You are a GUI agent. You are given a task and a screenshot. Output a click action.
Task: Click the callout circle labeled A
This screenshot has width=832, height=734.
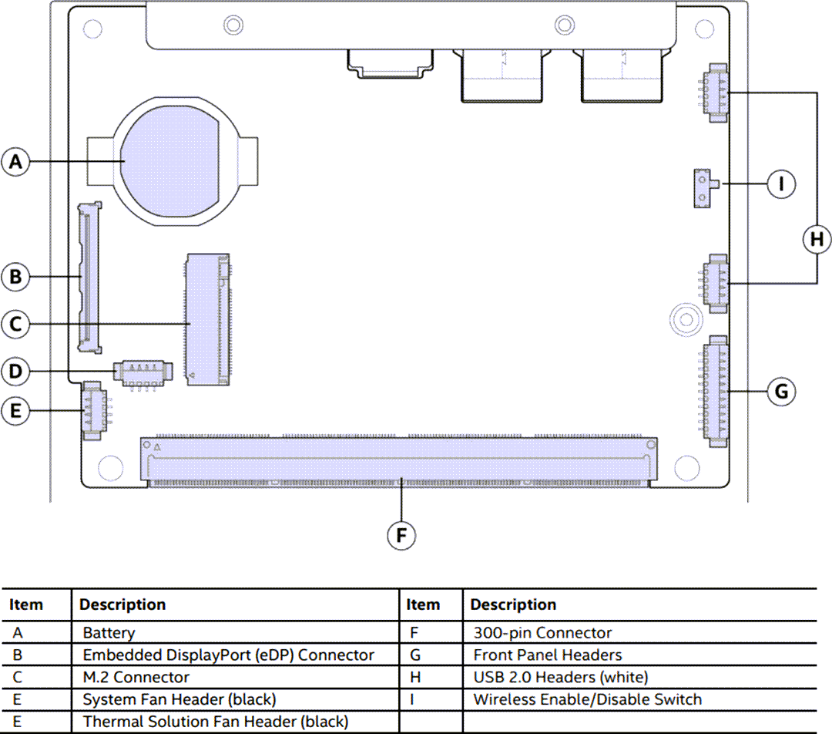coord(16,162)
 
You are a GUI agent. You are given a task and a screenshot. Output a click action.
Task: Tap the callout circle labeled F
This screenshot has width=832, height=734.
coord(401,536)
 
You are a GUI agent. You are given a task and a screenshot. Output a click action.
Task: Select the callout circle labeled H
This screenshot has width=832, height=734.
coord(816,239)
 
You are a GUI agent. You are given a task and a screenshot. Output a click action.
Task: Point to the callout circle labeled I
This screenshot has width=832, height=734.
coord(782,183)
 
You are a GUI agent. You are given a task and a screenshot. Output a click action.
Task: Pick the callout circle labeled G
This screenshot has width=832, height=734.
coord(781,392)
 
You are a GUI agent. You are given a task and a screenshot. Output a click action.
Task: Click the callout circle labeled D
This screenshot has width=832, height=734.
coord(16,372)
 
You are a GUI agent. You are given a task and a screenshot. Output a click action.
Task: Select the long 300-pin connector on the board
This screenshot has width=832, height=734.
coord(399,462)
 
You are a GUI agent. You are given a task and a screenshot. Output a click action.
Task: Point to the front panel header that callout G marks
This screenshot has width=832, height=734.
coord(716,390)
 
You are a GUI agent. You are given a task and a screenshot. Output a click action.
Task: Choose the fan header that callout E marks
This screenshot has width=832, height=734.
coord(92,410)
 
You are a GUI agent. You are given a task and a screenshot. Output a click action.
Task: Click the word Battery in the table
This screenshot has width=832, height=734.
coord(109,633)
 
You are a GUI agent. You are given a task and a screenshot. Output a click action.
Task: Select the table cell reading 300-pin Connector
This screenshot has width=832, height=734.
coord(542,633)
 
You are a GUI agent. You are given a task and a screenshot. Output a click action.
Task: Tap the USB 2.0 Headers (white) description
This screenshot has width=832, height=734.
coord(560,677)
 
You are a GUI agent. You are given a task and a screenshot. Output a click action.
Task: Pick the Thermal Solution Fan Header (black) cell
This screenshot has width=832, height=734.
coord(216,722)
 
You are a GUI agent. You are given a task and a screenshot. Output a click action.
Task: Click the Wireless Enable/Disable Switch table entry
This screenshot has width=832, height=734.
coord(587,699)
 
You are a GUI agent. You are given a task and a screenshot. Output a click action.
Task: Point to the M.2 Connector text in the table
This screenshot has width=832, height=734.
coord(136,677)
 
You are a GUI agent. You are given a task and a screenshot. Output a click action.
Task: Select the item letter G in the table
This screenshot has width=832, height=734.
coord(414,655)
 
